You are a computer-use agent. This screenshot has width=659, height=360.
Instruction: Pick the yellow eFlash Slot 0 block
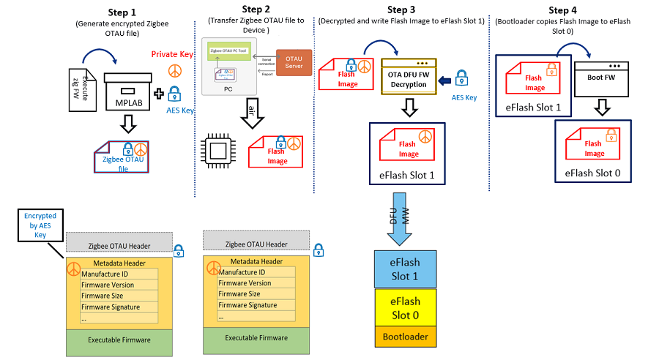click(x=405, y=307)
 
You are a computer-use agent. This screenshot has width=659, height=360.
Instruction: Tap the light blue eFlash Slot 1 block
click(x=405, y=268)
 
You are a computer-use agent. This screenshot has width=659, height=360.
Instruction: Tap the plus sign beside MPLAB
click(x=159, y=93)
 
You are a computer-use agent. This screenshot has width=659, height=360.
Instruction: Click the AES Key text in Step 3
click(x=463, y=97)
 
